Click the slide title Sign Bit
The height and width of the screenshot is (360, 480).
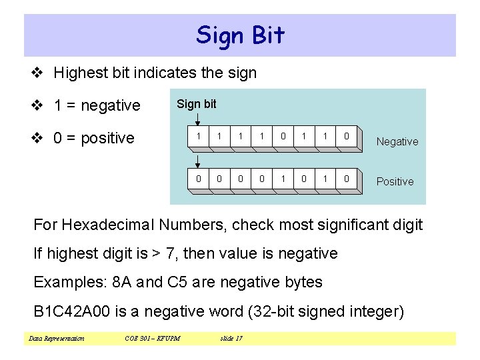pos(240,35)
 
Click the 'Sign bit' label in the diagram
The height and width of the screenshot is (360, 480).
pos(196,104)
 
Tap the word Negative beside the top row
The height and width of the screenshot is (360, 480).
pos(397,141)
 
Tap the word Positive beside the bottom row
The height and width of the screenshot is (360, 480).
pos(395,181)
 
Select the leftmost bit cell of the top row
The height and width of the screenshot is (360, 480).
pos(198,137)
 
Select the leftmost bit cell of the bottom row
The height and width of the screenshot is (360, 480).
pos(198,179)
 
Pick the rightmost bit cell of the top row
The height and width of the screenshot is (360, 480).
pos(347,137)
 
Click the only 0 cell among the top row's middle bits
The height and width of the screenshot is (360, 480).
pos(283,137)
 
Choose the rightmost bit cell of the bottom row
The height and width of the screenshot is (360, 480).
pos(347,179)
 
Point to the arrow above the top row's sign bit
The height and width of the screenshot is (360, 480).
pos(198,119)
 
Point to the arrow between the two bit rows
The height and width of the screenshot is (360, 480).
pos(198,160)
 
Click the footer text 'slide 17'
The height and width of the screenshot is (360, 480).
pos(231,339)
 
